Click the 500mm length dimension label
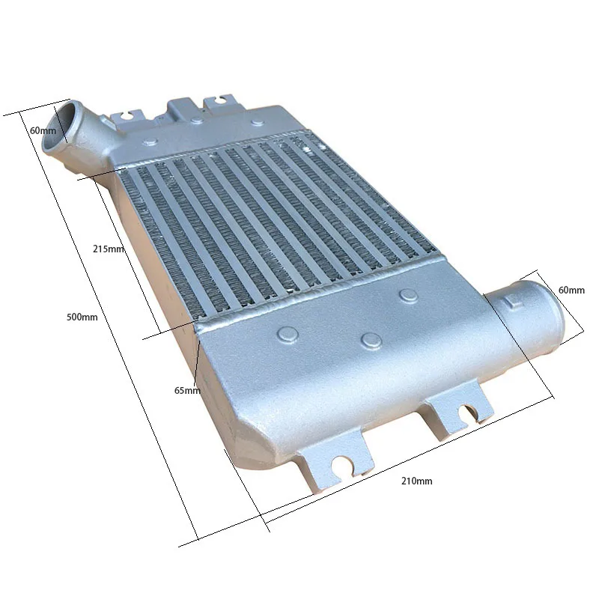82,317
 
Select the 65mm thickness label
186,390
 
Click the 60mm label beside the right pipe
571,290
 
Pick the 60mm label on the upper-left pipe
43,130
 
